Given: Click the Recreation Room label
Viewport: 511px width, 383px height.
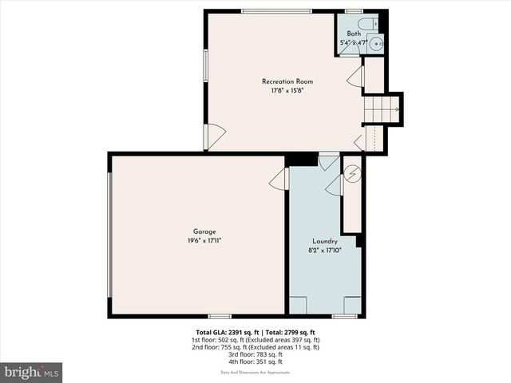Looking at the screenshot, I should click(x=287, y=81).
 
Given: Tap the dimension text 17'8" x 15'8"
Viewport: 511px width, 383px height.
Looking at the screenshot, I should click(x=287, y=90).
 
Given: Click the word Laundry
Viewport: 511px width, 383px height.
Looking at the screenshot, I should click(x=325, y=241).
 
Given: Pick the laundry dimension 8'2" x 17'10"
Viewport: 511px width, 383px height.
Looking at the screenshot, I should click(x=325, y=250).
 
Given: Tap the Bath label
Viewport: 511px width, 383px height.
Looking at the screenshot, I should click(x=354, y=34).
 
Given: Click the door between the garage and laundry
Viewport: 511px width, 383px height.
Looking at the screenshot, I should click(x=279, y=180).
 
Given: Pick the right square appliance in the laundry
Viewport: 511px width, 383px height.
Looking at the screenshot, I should click(x=351, y=304).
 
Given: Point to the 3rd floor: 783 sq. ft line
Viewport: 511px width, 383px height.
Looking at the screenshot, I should click(x=255, y=354).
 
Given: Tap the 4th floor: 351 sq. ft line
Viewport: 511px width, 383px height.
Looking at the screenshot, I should click(x=255, y=361).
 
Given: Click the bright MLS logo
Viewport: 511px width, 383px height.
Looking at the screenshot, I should click(x=32, y=372).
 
